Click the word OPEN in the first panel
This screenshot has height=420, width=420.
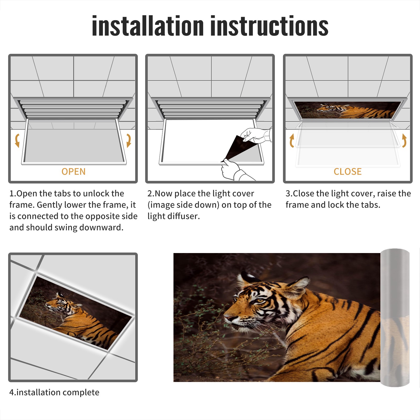[73, 171]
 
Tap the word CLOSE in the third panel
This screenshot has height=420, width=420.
[348, 171]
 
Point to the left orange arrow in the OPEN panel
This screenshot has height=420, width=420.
[17, 140]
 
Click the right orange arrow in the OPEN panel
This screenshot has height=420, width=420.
[129, 140]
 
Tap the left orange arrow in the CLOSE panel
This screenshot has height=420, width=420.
[291, 140]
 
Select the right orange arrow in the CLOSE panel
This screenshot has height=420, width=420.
[405, 140]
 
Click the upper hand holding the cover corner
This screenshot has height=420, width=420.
[256, 135]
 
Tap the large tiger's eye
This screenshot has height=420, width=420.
[259, 300]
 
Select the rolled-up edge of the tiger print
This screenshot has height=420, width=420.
[395, 317]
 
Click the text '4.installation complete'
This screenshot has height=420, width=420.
[54, 392]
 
